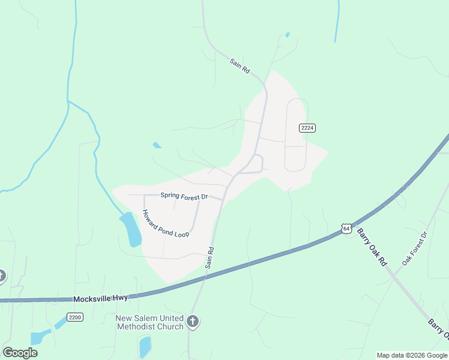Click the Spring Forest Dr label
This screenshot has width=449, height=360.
184,196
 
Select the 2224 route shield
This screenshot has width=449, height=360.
307,128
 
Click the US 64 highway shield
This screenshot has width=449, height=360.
345,228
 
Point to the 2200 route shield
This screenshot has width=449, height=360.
74,317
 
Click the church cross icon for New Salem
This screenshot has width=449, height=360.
193,322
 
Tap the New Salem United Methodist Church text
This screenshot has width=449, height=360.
149,322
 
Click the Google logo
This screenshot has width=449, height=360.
20,352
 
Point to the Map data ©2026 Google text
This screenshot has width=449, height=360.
412,355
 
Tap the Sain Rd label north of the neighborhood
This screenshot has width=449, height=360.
240,65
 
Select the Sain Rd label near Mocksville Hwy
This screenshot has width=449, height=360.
209,257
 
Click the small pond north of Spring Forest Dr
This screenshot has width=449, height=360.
157,145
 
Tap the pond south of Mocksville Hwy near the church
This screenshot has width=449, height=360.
145,346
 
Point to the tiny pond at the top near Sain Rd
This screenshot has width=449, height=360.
288,35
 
